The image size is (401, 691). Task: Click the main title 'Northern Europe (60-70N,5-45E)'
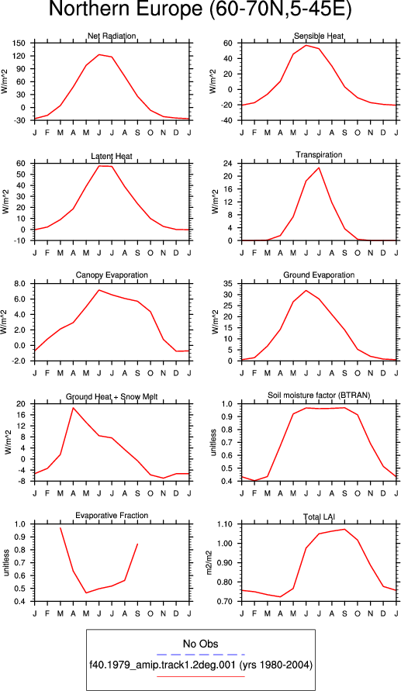point(200,10)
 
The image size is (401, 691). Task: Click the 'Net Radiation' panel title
point(112,36)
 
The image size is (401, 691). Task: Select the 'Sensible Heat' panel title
point(319,36)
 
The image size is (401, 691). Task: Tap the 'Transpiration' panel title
point(319,154)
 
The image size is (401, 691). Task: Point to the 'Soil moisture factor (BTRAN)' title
point(319,395)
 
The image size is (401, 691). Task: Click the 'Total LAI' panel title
point(319,515)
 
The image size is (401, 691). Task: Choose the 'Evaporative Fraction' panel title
point(112,515)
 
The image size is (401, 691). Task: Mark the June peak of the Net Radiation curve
point(99,54)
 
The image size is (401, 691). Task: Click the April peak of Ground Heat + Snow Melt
point(73,408)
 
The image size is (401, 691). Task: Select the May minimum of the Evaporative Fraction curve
point(86,593)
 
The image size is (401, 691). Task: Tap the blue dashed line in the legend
point(200,655)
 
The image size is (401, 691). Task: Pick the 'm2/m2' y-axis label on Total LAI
point(210,563)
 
